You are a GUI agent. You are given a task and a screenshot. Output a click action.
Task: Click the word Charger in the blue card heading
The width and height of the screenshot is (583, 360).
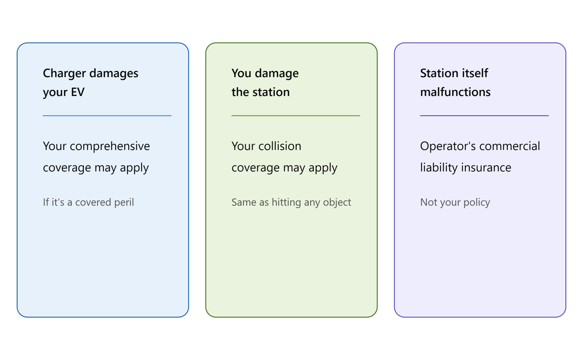point(64,74)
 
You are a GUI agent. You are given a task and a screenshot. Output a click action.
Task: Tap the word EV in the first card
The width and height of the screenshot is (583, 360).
point(78,92)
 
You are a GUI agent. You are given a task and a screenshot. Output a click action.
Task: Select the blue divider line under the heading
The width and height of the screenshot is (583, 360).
point(107,116)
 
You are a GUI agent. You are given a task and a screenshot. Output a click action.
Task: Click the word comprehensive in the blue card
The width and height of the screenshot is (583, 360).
point(110,146)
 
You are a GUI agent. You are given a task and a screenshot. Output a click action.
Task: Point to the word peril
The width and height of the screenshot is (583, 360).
point(124,203)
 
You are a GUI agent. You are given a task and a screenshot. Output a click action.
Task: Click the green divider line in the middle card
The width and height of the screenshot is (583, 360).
point(296,116)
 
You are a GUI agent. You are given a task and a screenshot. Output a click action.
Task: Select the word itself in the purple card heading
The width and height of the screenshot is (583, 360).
point(476,73)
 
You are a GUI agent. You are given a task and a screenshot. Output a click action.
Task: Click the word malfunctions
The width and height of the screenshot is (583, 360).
point(455,92)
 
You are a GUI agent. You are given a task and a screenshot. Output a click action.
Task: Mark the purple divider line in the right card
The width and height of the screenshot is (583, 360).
point(484,116)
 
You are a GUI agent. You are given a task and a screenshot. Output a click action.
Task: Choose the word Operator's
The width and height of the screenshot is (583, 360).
point(448,146)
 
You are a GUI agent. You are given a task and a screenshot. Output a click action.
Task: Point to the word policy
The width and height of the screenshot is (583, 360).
point(477,203)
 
